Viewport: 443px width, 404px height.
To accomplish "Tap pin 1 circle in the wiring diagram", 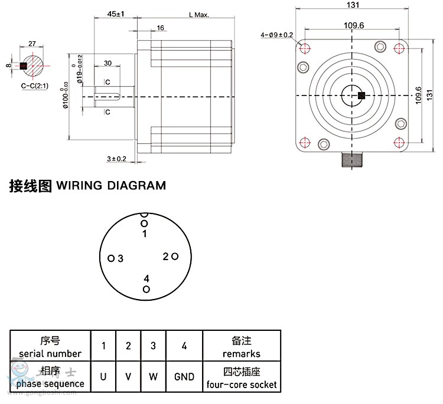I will [144, 223].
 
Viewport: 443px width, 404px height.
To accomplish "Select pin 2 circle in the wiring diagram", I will [175, 256].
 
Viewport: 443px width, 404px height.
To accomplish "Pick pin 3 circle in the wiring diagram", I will [110, 258].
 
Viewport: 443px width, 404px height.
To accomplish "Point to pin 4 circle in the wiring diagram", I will [146, 288].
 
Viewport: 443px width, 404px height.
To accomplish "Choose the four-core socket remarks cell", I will [242, 377].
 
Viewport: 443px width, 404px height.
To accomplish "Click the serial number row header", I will [50, 347].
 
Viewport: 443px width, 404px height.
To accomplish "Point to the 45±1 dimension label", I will [116, 14].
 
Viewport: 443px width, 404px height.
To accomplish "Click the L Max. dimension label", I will [199, 15].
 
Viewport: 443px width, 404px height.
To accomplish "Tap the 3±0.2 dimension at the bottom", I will [117, 159].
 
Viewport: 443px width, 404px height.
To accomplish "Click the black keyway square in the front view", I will [361, 96].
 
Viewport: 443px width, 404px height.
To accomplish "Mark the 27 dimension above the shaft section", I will [32, 44].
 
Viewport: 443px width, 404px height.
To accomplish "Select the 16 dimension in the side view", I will [161, 28].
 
